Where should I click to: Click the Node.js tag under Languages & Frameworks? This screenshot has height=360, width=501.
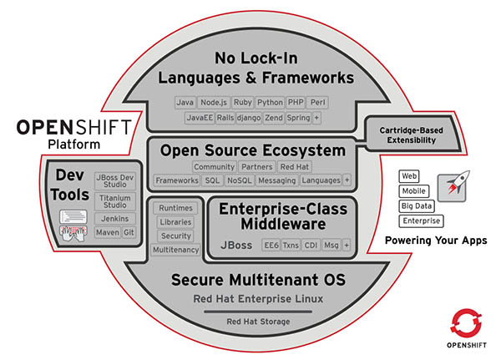[214, 102]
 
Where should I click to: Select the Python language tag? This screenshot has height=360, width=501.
[270, 102]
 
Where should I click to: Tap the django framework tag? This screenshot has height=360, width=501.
[249, 118]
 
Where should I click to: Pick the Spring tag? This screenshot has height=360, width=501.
[298, 118]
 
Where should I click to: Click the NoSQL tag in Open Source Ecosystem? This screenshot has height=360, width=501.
[240, 180]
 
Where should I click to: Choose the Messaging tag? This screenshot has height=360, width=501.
[277, 180]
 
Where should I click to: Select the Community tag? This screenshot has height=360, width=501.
[215, 166]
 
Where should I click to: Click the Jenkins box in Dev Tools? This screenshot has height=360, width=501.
[115, 219]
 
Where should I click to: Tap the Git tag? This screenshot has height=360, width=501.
[129, 232]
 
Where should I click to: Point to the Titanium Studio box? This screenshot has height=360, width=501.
[115, 201]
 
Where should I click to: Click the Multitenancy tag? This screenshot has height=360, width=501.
[175, 250]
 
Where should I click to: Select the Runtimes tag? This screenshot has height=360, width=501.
[175, 208]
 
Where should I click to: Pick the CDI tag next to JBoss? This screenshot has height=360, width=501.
[311, 246]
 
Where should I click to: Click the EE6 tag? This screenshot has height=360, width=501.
[271, 246]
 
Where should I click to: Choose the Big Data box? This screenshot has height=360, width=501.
[417, 206]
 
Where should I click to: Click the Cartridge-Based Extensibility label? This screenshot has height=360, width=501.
[412, 135]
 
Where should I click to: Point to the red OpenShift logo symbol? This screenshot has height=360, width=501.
[466, 323]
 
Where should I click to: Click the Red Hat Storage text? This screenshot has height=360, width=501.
[258, 322]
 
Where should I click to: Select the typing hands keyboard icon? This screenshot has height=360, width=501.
[73, 234]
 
